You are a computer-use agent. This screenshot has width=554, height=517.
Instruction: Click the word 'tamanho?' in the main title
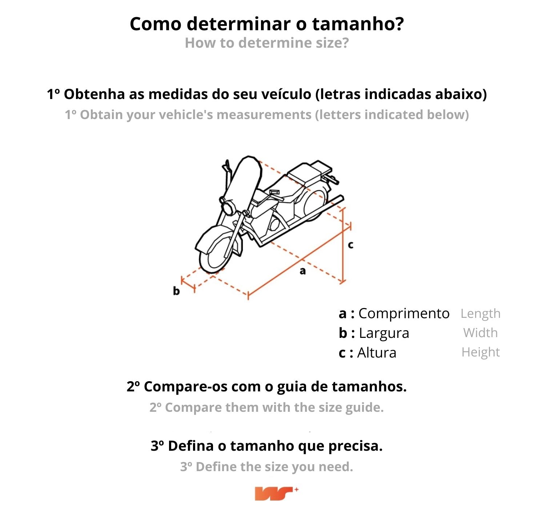click(358, 24)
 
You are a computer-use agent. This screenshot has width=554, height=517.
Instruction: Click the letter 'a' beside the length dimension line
click(302, 271)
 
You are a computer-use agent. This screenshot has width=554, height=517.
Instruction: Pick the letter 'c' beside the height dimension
click(350, 245)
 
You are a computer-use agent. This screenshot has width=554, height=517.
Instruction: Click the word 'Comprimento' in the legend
click(404, 314)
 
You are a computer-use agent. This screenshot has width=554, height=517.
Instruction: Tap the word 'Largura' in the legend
click(384, 333)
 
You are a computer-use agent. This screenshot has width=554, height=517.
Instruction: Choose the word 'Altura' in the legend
click(377, 352)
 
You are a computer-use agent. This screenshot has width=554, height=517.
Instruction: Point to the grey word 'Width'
click(481, 333)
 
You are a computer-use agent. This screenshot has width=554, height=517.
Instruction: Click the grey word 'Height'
click(481, 352)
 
